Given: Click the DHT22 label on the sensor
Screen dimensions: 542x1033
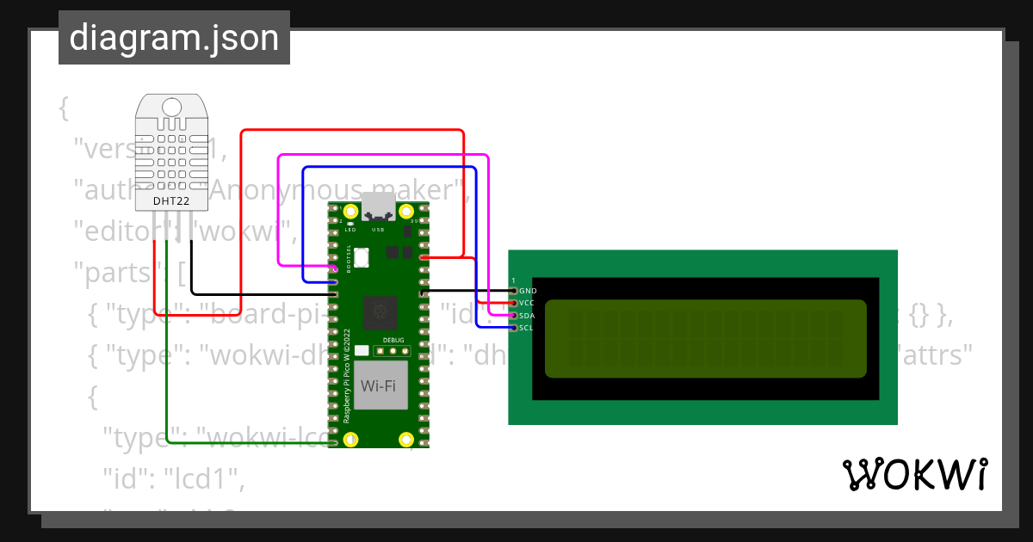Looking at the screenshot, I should [171, 201].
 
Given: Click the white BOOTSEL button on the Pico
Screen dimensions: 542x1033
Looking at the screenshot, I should [362, 256].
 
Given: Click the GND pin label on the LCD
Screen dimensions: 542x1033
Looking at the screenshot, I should [528, 291].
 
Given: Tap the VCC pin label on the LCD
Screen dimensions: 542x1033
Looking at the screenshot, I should [528, 303].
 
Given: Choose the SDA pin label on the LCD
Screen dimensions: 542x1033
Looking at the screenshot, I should [528, 316].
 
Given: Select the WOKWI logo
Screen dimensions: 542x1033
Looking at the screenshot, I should [914, 475].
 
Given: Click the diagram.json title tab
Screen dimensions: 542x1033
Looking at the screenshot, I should [174, 38].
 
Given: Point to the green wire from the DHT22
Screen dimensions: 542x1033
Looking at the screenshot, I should [166, 361].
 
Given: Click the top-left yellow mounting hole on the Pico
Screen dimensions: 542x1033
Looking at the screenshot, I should [350, 211].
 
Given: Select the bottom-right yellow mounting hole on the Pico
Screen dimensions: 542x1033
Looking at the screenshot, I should [406, 440].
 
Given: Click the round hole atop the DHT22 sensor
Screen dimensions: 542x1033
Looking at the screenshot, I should [171, 107].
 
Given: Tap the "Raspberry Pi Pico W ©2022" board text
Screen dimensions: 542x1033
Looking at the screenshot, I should [347, 375].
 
